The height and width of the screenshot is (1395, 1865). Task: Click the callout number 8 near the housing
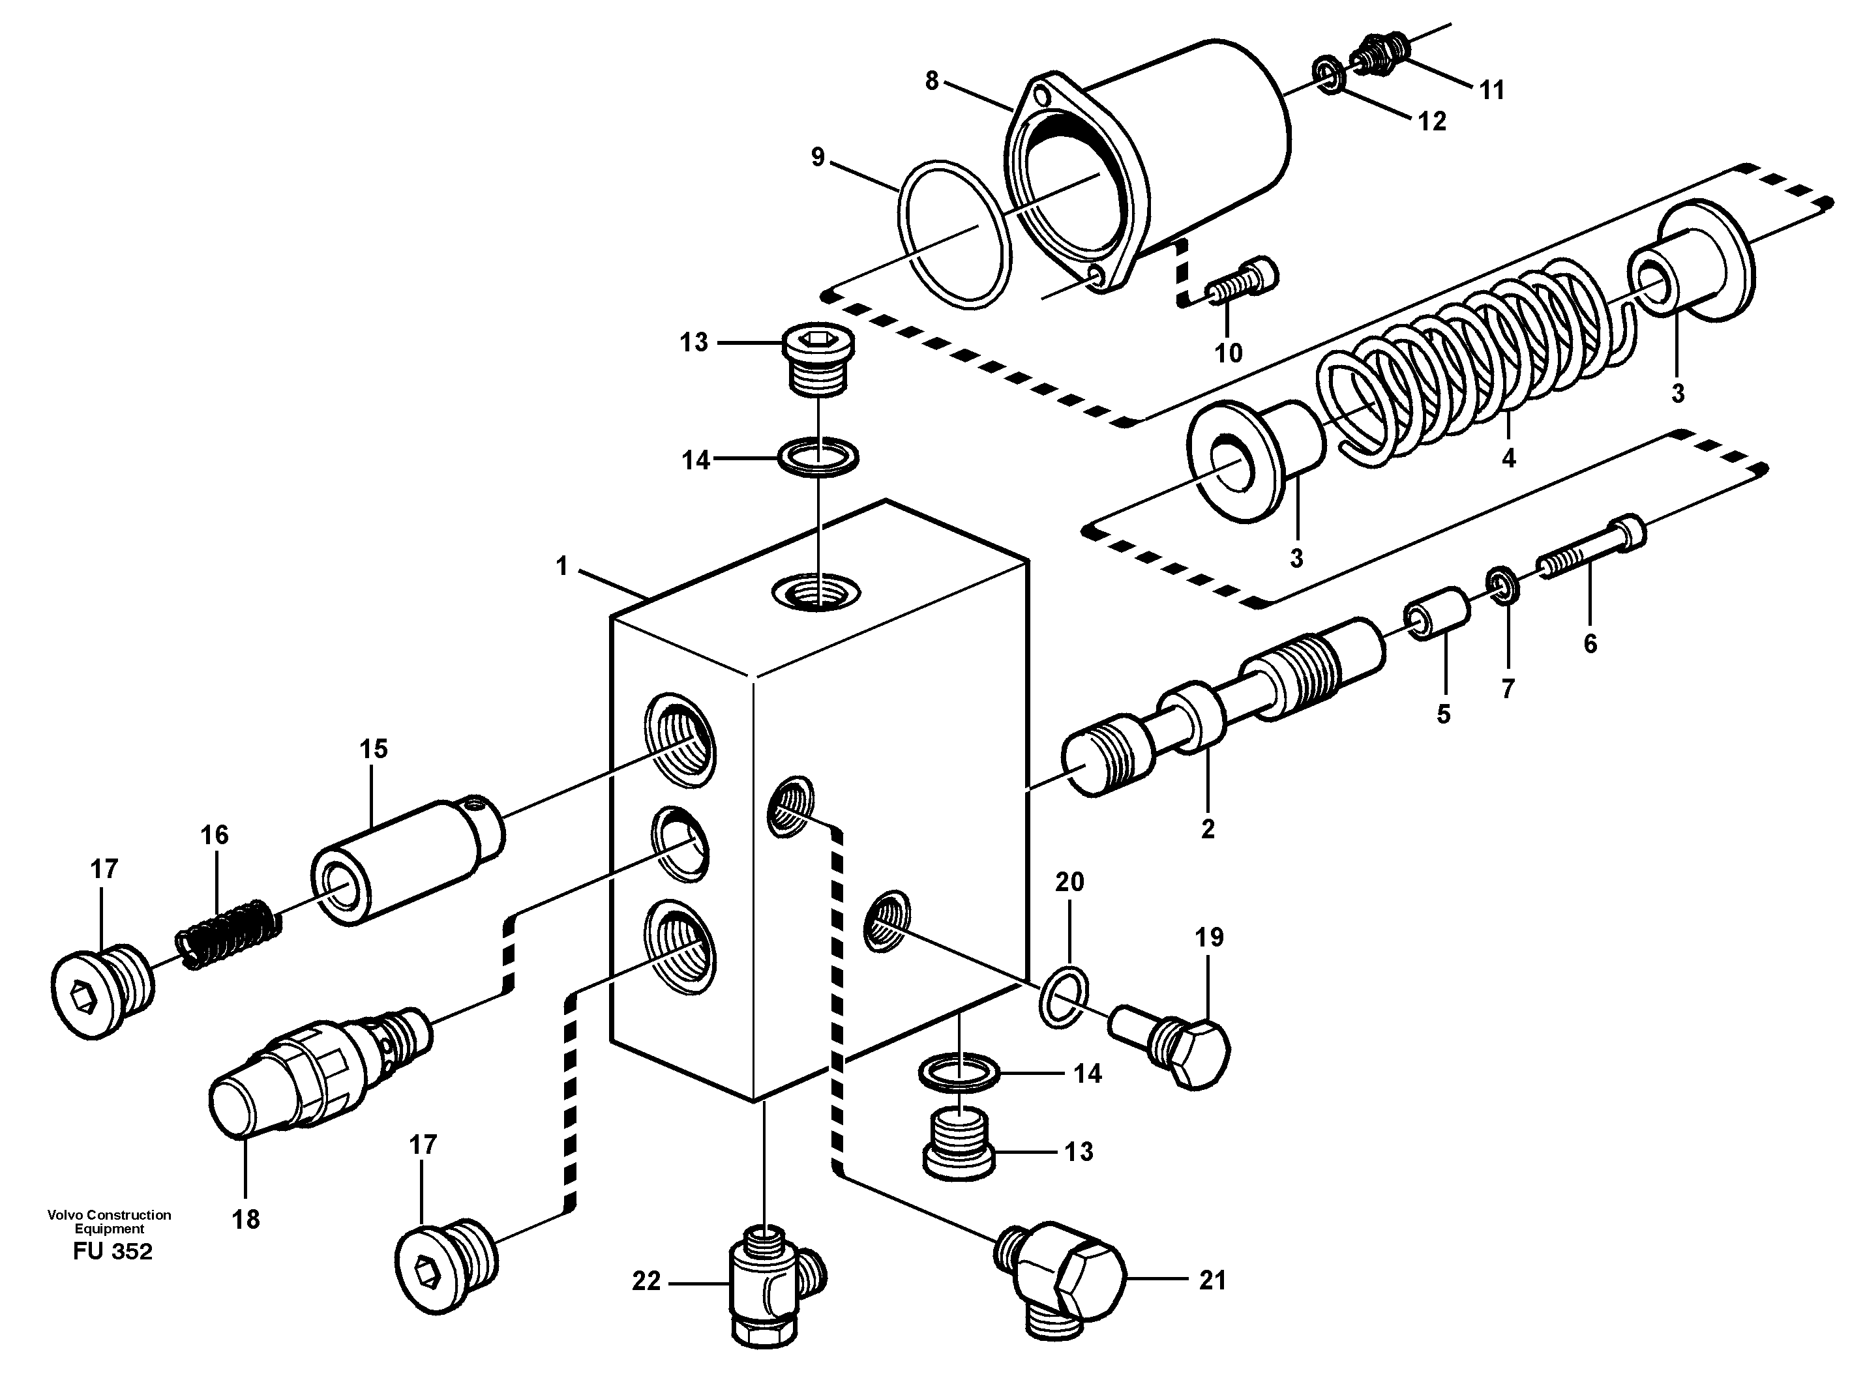point(932,81)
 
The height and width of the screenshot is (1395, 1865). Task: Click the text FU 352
point(112,1252)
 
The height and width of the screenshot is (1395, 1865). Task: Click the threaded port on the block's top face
point(816,595)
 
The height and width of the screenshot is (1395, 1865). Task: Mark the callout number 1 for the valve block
point(562,566)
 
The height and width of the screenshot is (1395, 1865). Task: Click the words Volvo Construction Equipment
point(109,1222)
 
